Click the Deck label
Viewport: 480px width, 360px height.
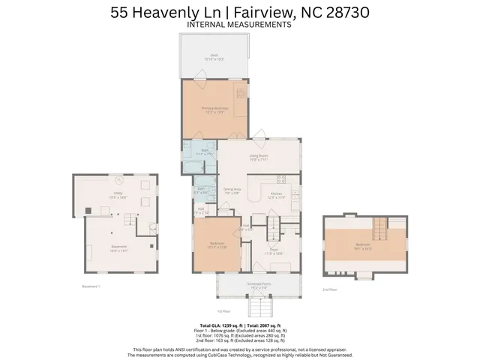click(214, 56)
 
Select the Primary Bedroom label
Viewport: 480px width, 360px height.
click(214, 109)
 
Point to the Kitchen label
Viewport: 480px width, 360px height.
click(277, 193)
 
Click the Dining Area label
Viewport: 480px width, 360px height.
click(232, 190)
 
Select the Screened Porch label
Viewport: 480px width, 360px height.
click(258, 285)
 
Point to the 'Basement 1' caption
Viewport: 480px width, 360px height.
click(91, 286)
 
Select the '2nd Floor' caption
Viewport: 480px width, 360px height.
click(330, 289)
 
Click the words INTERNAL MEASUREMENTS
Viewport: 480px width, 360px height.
click(239, 24)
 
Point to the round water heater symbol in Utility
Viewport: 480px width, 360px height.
click(117, 179)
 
